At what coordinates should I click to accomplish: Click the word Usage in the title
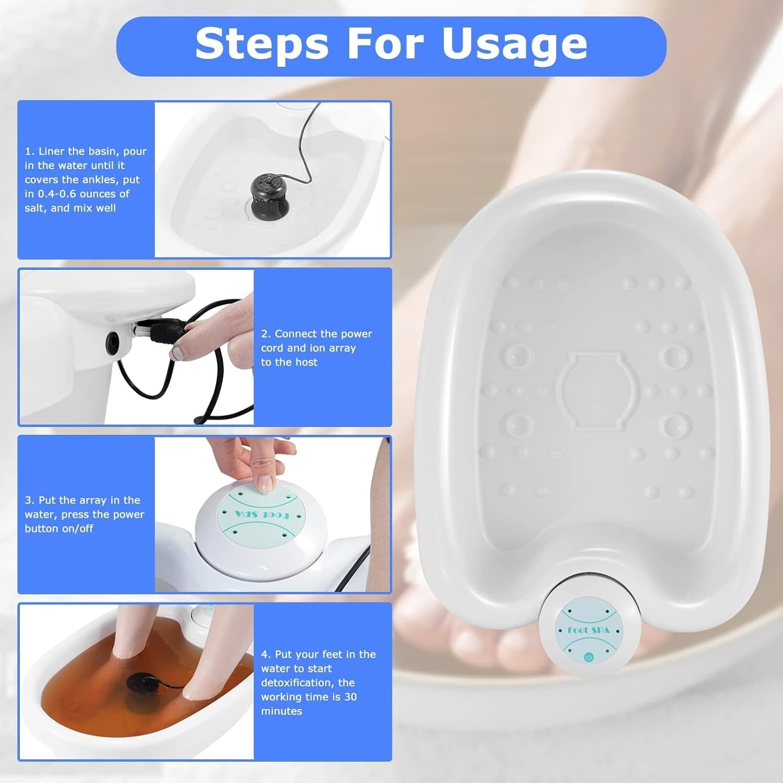coord(515,44)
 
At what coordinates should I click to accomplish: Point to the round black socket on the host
coord(112,342)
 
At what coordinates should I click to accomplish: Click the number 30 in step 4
coord(350,697)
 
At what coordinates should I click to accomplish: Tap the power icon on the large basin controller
coord(589,657)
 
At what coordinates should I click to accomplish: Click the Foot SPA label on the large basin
coord(588,630)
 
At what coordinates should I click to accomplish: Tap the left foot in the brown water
coord(123,647)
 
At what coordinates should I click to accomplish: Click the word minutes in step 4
coord(281,711)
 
